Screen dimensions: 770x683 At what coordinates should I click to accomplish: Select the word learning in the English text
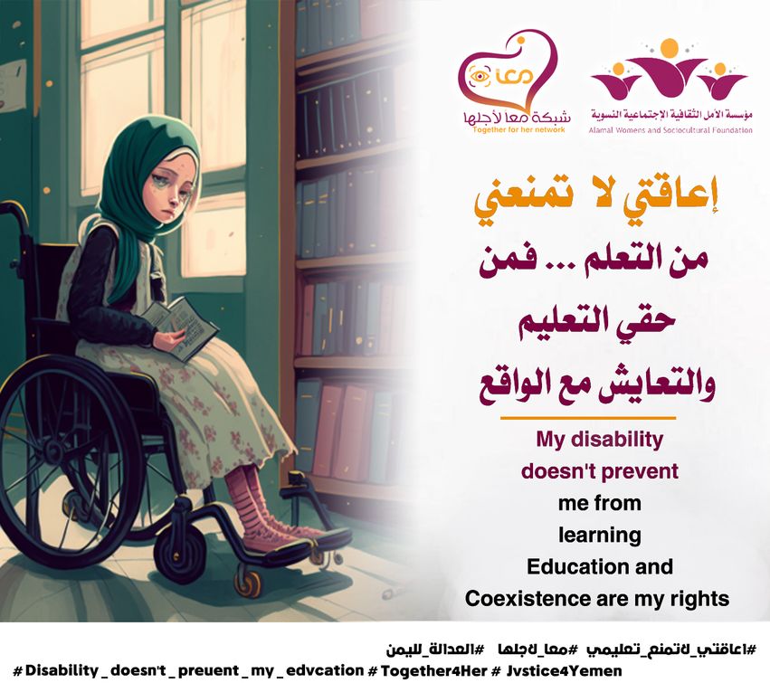[600, 536]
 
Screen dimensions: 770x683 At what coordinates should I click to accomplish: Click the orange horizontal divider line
[588, 418]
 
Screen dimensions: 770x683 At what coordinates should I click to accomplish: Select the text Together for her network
[518, 130]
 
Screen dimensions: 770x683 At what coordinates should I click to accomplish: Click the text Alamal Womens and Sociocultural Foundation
[670, 130]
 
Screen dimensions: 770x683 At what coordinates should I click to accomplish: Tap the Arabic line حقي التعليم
[597, 323]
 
